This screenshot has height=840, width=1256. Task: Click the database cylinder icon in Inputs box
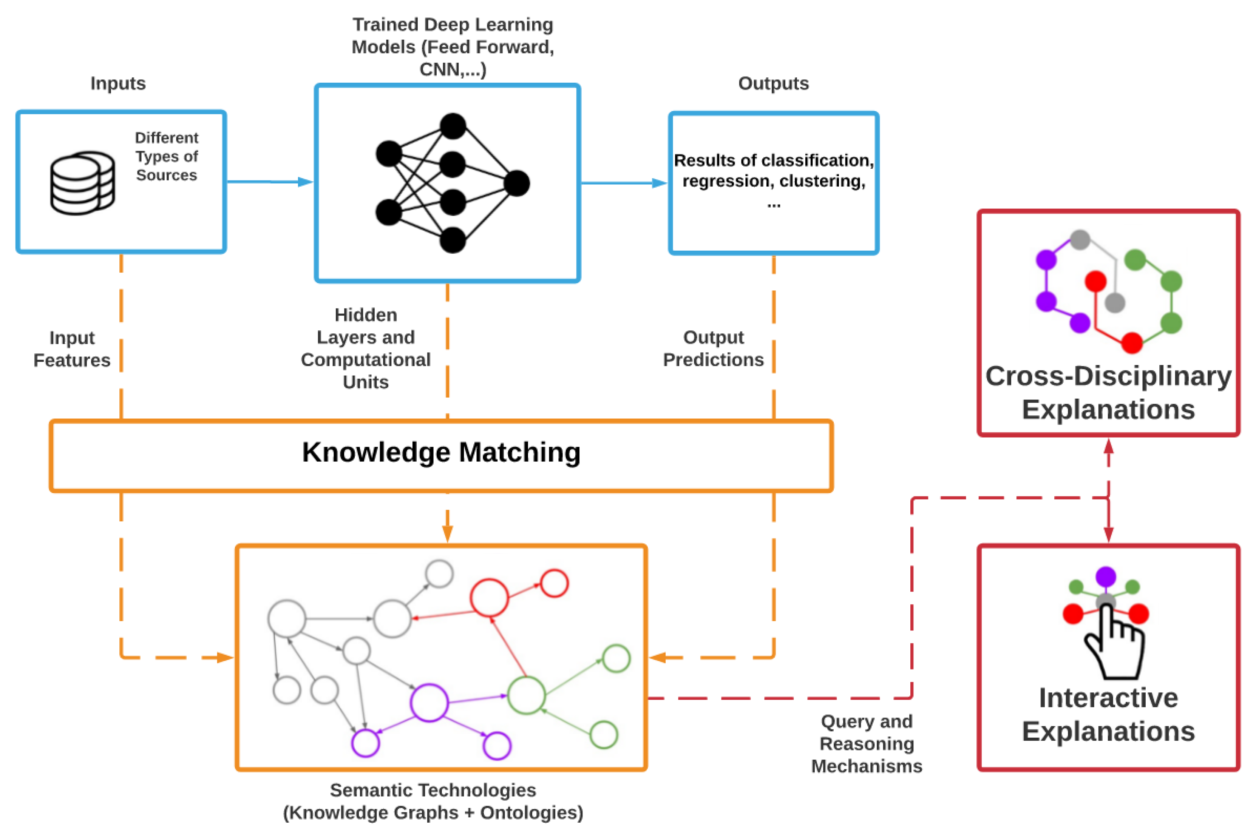82,183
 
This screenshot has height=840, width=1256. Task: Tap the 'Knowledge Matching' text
441,452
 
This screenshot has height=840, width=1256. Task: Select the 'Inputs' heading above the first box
118,83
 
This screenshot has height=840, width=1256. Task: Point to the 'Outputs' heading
772,83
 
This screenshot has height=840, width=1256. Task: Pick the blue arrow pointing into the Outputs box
658,183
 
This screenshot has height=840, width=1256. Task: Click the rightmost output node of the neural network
516,183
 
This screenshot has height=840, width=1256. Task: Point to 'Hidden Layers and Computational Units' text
366,348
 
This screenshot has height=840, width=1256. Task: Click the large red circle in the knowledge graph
489,597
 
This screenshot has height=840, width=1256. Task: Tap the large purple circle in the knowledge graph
429,702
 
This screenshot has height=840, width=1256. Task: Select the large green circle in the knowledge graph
527,695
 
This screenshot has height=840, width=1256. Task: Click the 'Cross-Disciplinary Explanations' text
1108,392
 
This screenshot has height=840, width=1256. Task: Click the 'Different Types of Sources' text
166,156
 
